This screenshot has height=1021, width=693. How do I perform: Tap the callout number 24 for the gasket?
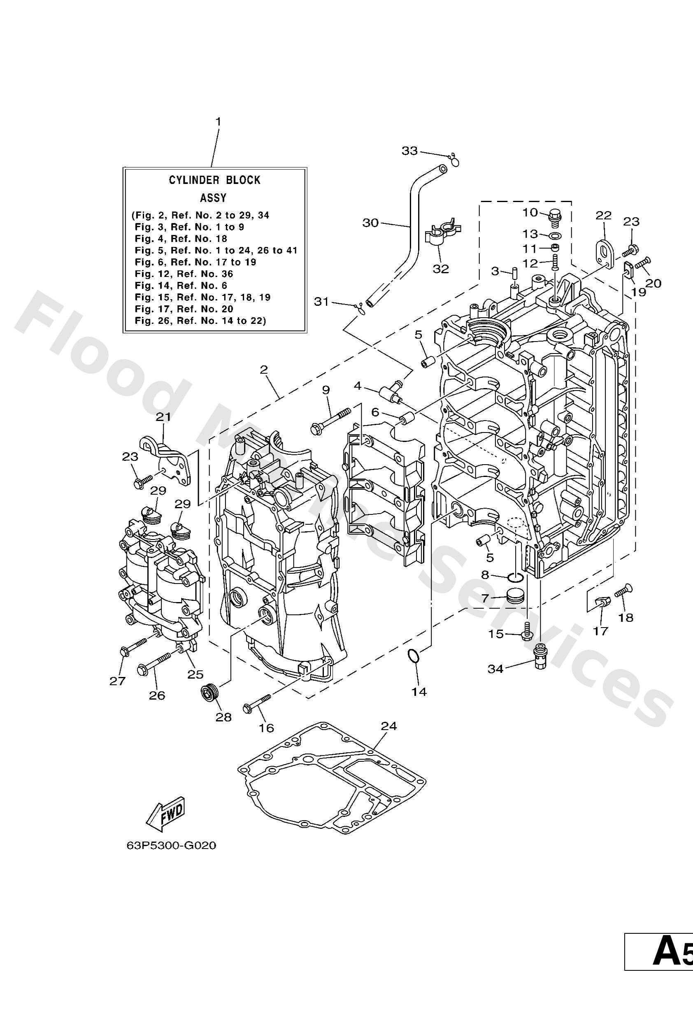point(388,726)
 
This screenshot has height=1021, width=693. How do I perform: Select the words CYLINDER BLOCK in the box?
point(214,180)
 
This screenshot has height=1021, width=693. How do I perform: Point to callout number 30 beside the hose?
point(370,223)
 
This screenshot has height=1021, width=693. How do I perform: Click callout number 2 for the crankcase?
point(263,370)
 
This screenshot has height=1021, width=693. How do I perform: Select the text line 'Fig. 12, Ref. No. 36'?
point(184,274)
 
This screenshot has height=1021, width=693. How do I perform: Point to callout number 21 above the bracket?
point(163,416)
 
